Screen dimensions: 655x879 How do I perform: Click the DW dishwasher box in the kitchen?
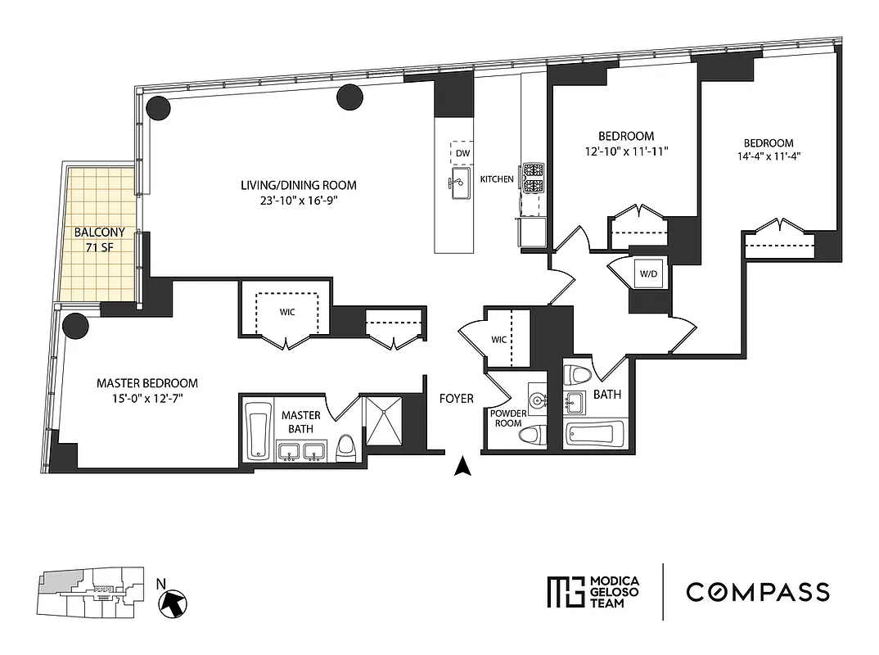[462, 153]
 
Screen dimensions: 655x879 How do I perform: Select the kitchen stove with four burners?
[534, 178]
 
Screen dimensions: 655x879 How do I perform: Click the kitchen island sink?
[459, 186]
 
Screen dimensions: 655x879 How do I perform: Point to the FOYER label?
[456, 399]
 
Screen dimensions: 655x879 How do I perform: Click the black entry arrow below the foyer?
[463, 468]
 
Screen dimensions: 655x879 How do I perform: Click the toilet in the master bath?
[346, 448]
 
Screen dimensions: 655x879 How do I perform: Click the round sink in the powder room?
[537, 401]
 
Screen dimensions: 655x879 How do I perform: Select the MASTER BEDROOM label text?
[147, 383]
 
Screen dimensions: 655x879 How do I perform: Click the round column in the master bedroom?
[75, 326]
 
